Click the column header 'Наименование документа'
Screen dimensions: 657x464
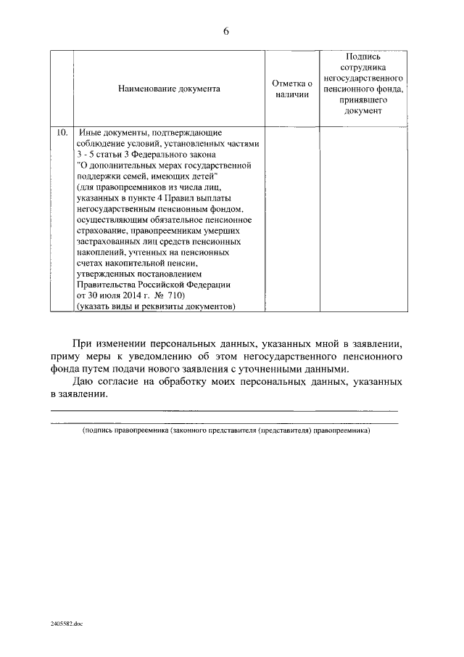point(169,89)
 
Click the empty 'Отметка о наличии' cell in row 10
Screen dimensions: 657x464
point(292,218)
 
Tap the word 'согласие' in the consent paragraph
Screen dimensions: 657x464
point(123,382)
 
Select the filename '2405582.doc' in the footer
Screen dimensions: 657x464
point(67,624)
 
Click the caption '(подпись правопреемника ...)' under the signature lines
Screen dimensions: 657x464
point(226,430)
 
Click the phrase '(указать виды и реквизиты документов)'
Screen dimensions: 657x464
point(156,307)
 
